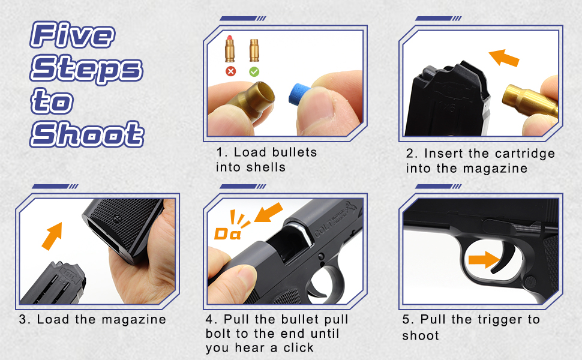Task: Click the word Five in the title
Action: [x=72, y=36]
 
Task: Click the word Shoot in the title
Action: [x=88, y=133]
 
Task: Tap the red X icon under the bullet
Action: [x=231, y=71]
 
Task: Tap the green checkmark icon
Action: [x=254, y=71]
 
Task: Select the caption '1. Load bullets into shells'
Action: [x=266, y=159]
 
